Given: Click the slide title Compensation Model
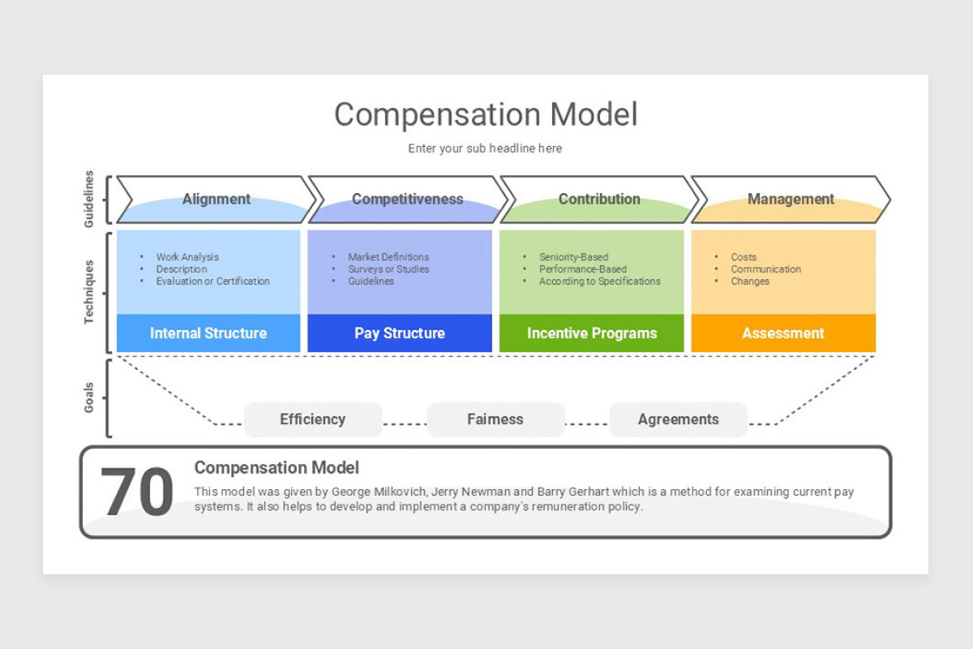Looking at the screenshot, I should [x=486, y=114].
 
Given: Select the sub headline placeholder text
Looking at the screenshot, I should [x=485, y=148].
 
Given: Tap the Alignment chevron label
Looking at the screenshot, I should [x=216, y=199].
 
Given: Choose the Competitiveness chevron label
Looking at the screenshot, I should [x=407, y=199].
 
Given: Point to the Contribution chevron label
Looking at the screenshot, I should [x=599, y=199].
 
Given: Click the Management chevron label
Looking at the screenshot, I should [x=791, y=199].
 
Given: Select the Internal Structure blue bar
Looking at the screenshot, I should [x=208, y=333].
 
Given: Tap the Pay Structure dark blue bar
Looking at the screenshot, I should [x=400, y=333].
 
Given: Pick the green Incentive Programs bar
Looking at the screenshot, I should [x=592, y=333].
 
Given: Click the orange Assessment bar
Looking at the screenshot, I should [x=783, y=333].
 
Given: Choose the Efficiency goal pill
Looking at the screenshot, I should [x=313, y=419].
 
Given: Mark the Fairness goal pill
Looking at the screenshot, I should [x=495, y=419].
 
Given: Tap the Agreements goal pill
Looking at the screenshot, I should [x=678, y=419].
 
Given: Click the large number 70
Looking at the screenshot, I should [x=136, y=492].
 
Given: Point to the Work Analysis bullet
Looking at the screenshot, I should [x=187, y=257].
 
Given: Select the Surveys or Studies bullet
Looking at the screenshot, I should [x=388, y=269].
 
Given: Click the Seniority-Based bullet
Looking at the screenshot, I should [x=573, y=257].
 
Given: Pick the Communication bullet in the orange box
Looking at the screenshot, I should [x=765, y=269].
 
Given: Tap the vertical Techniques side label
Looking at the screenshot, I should [x=90, y=292].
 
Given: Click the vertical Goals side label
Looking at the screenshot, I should [x=90, y=398].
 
